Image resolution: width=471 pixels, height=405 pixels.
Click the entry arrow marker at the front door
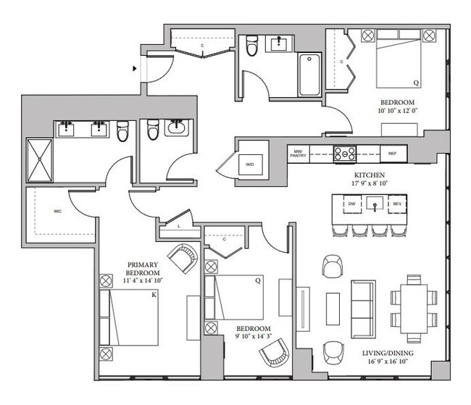tap(135, 69)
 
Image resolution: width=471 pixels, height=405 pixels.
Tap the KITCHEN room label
tap(369, 175)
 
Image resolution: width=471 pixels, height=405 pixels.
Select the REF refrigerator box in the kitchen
tap(393, 154)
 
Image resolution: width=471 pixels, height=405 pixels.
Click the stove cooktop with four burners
tap(345, 154)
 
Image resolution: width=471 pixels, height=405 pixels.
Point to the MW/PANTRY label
tap(298, 154)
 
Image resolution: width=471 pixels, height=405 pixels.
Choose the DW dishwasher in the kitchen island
tap(352, 204)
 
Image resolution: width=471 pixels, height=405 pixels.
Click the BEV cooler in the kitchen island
tap(397, 204)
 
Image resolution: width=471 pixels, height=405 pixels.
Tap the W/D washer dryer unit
tap(250, 164)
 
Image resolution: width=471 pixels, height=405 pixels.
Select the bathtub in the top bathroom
tap(309, 75)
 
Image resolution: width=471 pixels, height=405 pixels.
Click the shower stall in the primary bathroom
tap(40, 160)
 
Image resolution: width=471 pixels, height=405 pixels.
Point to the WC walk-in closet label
tap(58, 212)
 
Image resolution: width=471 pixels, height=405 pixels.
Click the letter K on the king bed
tap(154, 295)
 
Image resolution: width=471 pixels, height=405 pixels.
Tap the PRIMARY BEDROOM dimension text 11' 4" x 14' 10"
tap(143, 280)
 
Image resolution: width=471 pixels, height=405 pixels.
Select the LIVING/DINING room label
tap(388, 353)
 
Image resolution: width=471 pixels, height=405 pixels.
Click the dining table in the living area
tap(414, 309)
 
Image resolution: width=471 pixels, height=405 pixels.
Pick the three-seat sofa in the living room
tap(364, 309)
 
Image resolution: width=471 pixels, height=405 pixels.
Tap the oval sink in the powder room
tap(177, 128)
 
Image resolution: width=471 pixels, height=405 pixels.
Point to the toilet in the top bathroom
tap(251, 46)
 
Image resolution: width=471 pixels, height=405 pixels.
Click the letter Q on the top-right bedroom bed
tap(416, 83)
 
